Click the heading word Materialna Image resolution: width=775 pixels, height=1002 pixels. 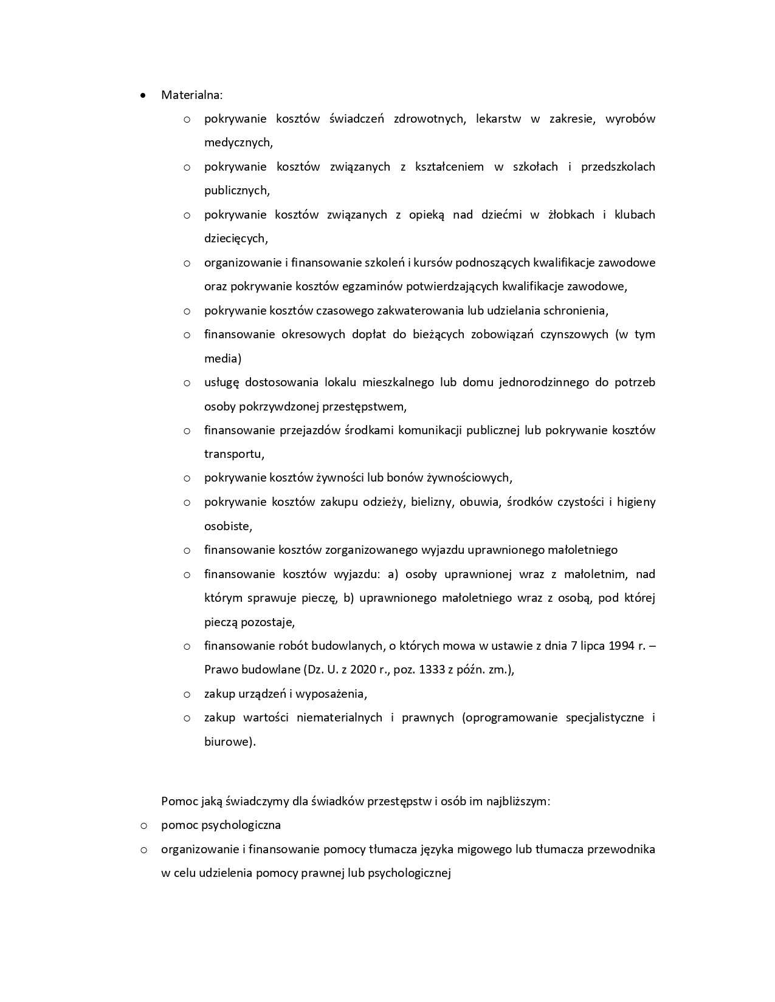coord(191,95)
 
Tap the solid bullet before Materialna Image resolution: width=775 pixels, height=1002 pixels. coord(143,95)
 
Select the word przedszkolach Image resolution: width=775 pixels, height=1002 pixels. coord(618,166)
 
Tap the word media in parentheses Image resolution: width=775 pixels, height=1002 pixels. coord(221,358)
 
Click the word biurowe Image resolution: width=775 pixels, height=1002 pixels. coord(228,741)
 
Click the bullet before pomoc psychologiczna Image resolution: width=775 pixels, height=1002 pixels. coord(143,825)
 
